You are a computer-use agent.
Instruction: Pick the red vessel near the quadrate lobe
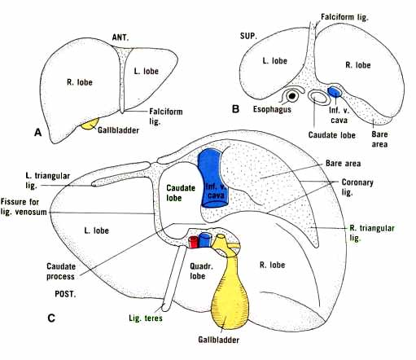point(194,241)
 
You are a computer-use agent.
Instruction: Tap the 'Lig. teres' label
point(144,318)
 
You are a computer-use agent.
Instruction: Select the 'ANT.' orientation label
point(121,37)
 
